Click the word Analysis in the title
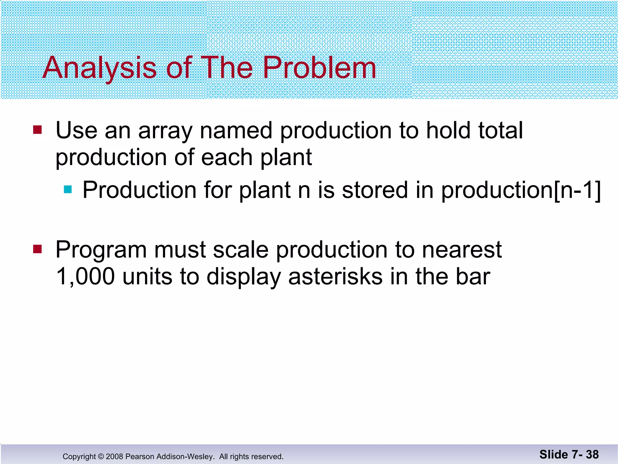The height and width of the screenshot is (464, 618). point(100,68)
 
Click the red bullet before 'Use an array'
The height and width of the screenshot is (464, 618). point(37,130)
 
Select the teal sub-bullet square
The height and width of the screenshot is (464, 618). point(68,189)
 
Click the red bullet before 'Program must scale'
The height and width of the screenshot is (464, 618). point(37,249)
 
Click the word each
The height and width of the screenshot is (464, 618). point(227,158)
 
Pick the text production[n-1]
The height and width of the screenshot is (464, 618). point(521,190)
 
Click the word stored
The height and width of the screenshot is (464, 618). point(375,190)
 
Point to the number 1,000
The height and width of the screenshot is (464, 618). point(85,277)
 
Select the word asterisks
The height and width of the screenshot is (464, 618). point(335,277)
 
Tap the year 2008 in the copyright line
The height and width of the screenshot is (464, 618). point(114,456)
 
